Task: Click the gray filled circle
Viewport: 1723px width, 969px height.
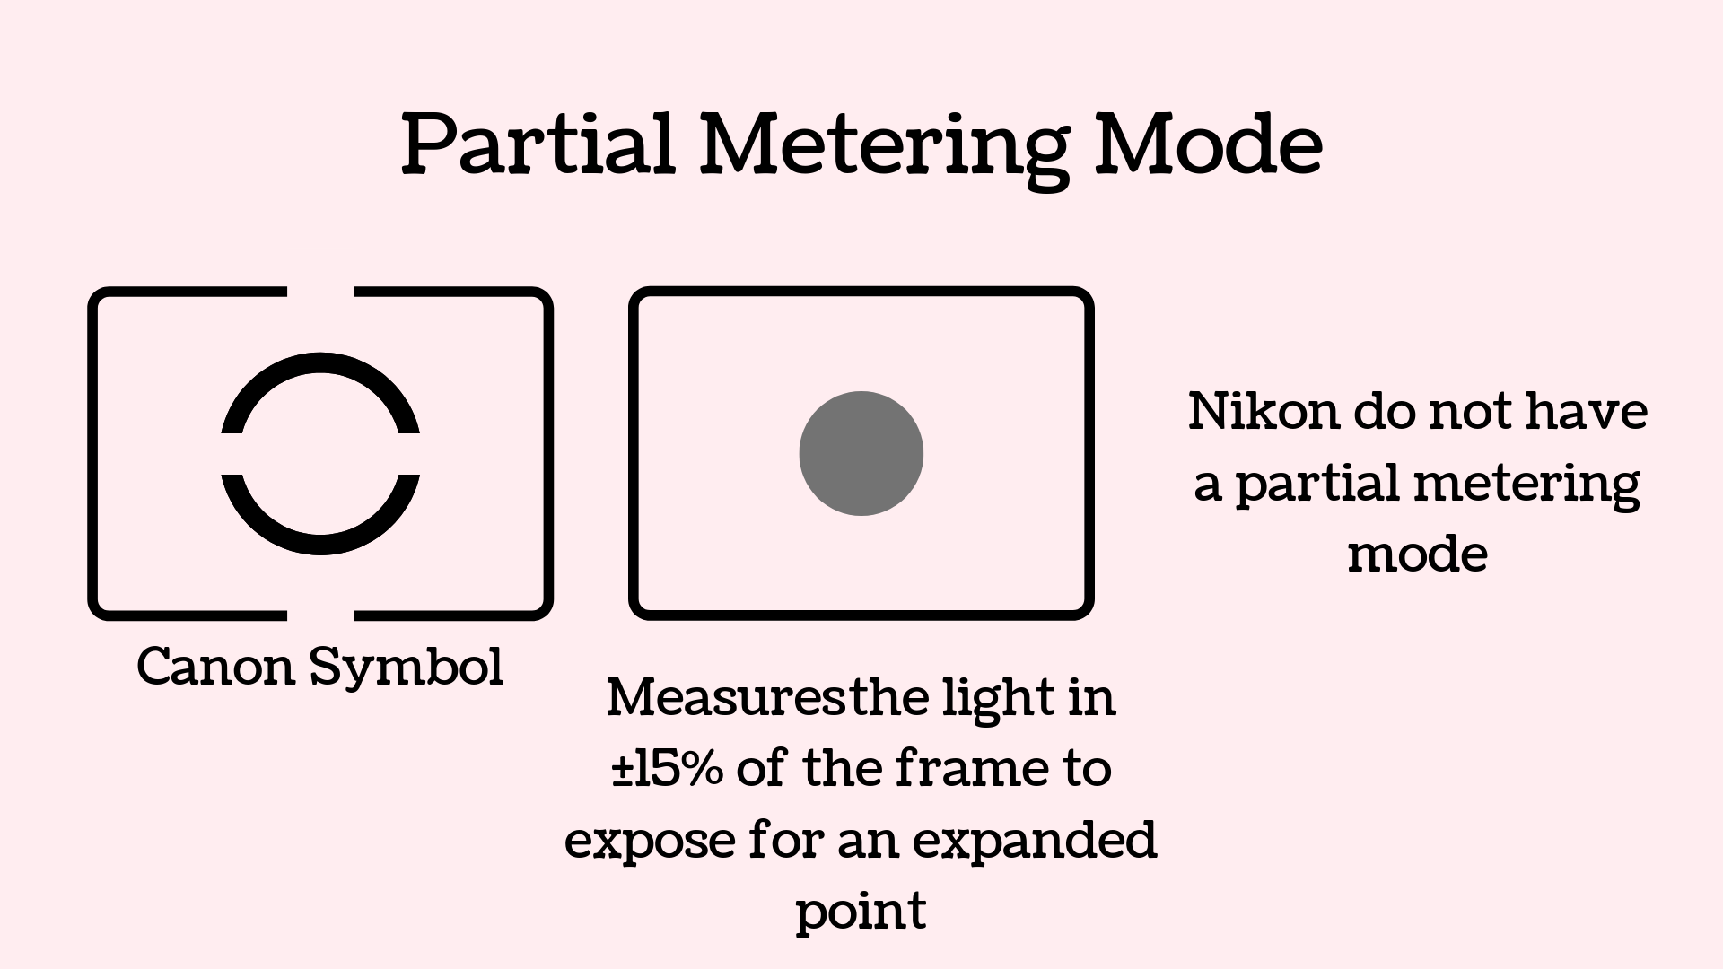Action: click(x=861, y=453)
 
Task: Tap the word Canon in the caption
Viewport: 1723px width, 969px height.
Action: click(x=215, y=667)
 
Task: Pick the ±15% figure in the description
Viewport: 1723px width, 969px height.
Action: click(x=667, y=769)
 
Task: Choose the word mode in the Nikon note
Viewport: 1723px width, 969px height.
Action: click(x=1418, y=554)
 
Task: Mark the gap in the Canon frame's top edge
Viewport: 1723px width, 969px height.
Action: click(x=320, y=292)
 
